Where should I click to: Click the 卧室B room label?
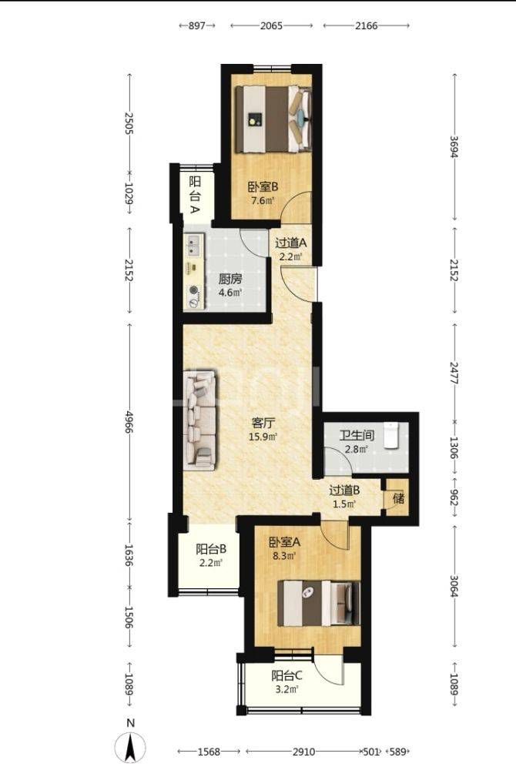[263, 187]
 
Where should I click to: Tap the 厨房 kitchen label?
[230, 278]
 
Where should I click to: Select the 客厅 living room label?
[263, 423]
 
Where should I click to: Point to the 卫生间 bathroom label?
[357, 436]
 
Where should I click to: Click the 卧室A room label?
[284, 542]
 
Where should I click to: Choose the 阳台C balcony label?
[287, 675]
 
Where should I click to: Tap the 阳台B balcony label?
[211, 549]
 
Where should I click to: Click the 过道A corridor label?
[291, 243]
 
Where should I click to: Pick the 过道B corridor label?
[344, 491]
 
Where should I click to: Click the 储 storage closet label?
[398, 498]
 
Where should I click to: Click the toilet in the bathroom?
[391, 435]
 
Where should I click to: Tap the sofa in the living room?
[199, 420]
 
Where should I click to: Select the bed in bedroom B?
[273, 119]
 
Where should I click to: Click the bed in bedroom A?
[319, 603]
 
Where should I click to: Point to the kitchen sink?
[194, 246]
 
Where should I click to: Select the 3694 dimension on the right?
[454, 146]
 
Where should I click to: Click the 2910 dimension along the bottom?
[303, 752]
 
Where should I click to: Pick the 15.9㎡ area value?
[263, 437]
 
